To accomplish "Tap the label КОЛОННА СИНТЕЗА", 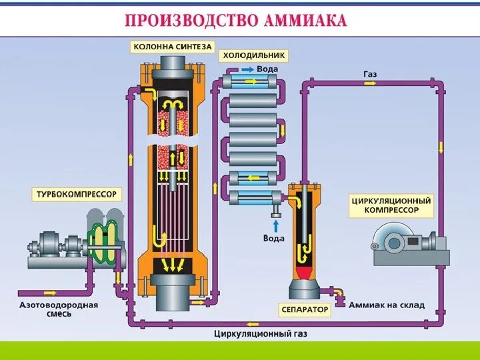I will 173,47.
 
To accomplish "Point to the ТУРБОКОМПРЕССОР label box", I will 77,195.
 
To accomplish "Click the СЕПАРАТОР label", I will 305,309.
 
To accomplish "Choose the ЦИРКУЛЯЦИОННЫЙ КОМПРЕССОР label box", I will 391,205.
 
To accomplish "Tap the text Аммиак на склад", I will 387,305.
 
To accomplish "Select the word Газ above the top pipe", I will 370,73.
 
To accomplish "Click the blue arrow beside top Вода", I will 247,69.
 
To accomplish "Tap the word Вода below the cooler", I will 273,238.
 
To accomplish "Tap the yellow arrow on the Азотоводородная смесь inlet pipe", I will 50,292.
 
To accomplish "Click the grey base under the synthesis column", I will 172,293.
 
